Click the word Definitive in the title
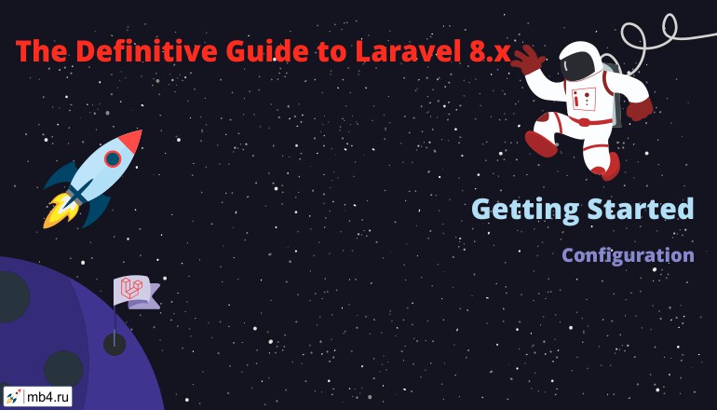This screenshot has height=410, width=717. coord(145,51)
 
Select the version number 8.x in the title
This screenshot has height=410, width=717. coord(489,51)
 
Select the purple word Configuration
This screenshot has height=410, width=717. coord(628,255)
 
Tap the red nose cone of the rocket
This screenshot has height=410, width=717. coord(130,140)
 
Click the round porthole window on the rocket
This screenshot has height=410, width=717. coord(112,158)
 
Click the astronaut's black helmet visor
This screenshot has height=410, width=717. coord(578,65)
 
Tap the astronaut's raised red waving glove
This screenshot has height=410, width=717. coord(528,60)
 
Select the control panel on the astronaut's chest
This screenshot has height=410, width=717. coord(584,98)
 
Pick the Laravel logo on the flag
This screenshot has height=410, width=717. coord(131,289)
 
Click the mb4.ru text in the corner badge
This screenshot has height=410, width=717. coord(48,396)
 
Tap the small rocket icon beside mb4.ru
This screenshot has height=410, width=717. coord(13,396)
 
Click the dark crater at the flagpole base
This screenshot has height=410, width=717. coord(115,344)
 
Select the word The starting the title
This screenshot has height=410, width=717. coord(41,51)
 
